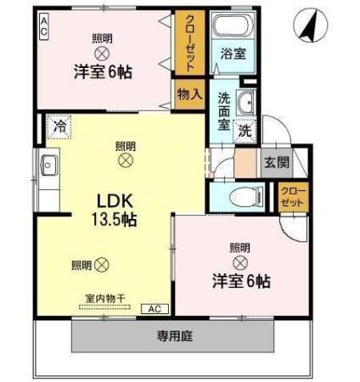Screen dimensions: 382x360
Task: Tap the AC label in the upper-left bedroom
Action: click(x=43, y=25)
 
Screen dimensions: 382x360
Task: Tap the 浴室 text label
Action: click(x=233, y=53)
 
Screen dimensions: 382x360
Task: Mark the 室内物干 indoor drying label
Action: click(x=105, y=297)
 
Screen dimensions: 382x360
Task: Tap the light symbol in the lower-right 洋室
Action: click(x=239, y=264)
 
